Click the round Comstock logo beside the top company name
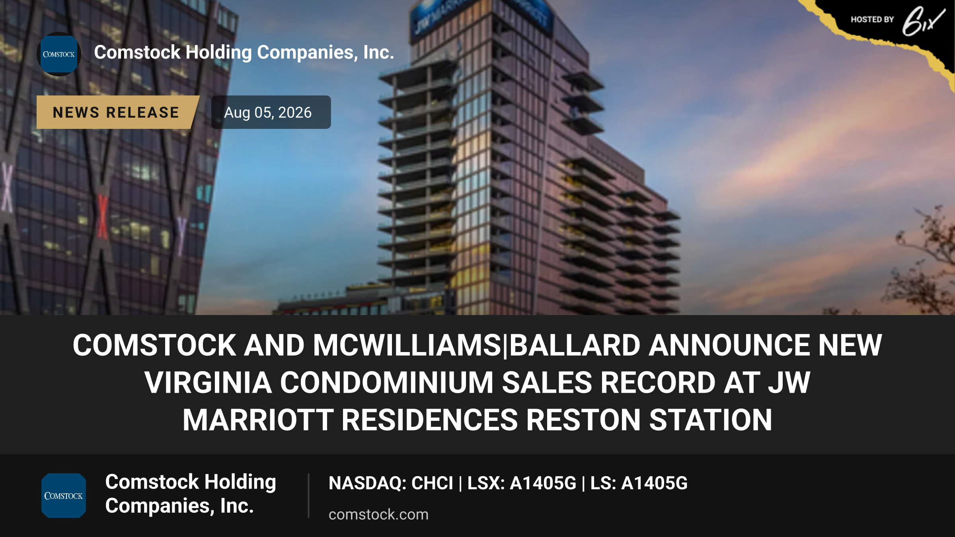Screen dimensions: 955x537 tap(59, 54)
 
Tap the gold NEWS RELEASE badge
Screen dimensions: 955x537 tap(117, 112)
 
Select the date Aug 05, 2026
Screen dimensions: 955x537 tap(268, 113)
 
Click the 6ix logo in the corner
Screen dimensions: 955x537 tap(923, 21)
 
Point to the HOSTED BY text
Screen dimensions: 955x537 tap(872, 19)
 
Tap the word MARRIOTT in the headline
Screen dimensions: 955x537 tap(258, 420)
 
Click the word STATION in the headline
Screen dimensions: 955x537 tap(711, 420)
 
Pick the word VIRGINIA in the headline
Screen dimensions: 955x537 tap(208, 383)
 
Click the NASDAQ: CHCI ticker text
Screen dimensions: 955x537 tap(391, 483)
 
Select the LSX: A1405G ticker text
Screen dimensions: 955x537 tap(522, 483)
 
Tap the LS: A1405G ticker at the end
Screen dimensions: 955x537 tap(639, 483)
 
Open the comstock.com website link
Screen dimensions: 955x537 tap(378, 514)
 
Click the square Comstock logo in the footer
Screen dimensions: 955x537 tap(64, 496)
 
